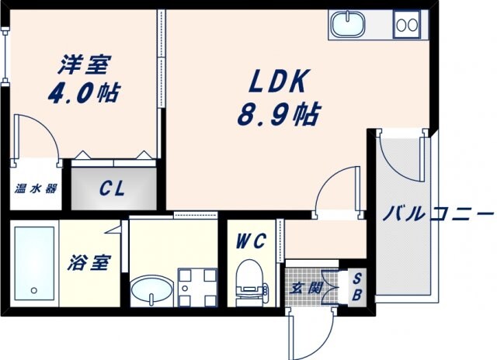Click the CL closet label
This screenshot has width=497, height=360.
tap(113, 188)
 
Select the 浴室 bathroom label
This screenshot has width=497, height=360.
tap(89, 262)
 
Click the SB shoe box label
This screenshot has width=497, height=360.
tap(356, 287)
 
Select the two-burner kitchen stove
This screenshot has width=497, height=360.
tap(406, 25)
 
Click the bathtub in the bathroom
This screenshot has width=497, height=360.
tap(35, 264)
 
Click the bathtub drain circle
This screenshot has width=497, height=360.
tap(34, 291)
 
